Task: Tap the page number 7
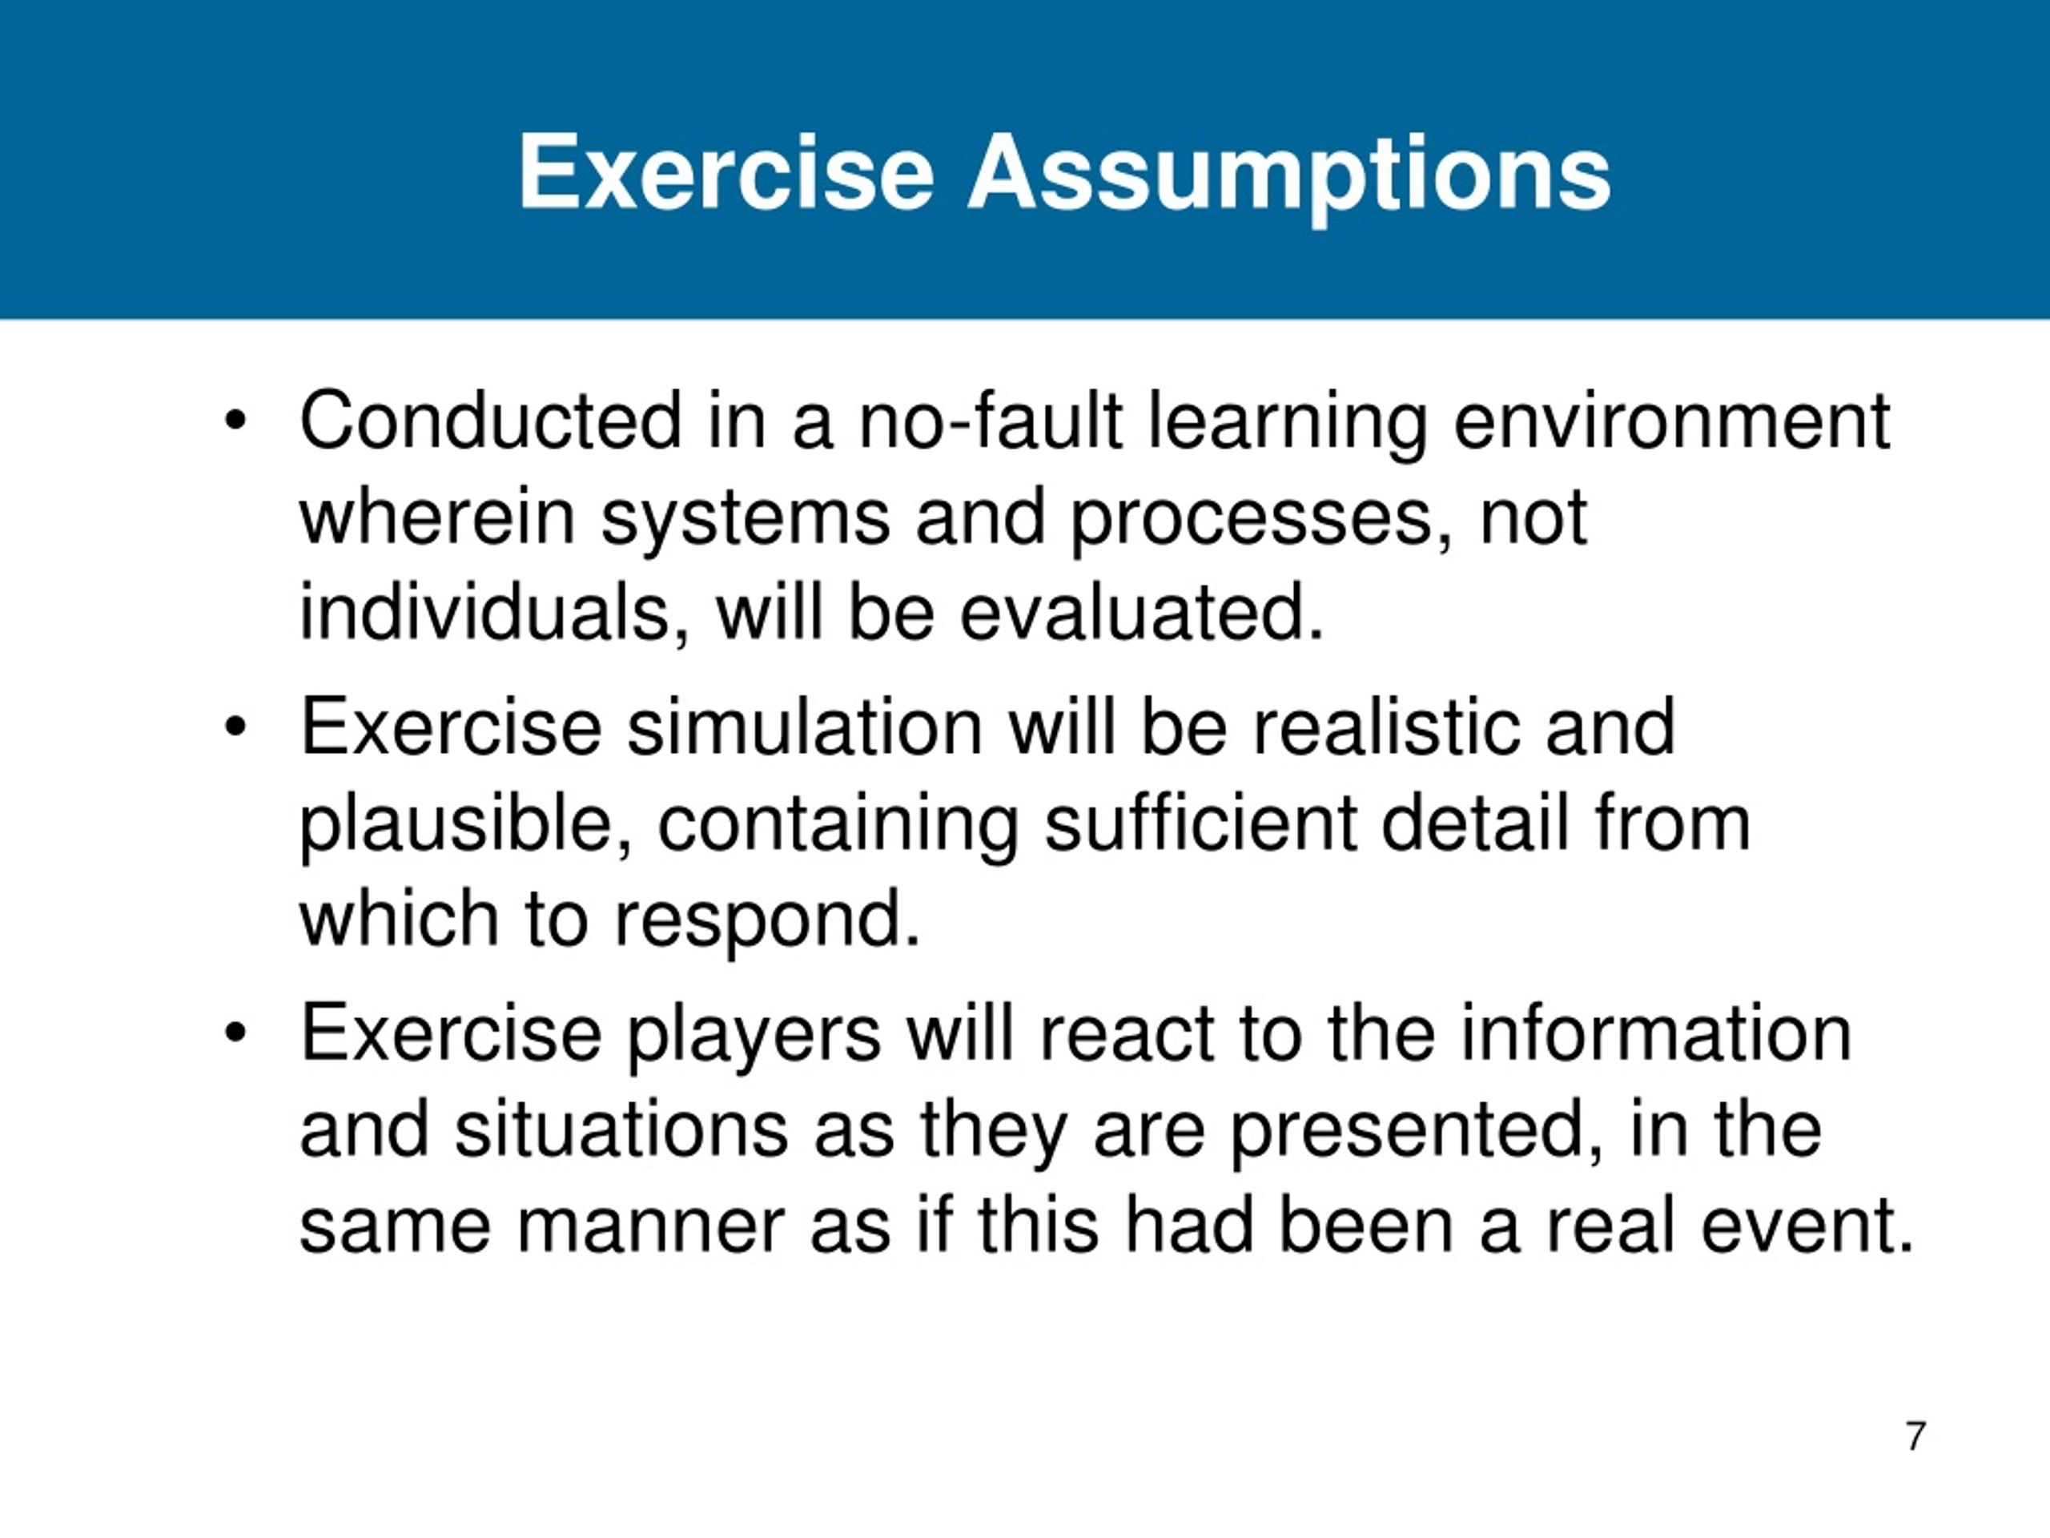1915,1436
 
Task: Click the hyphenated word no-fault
991,422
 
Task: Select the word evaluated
1141,614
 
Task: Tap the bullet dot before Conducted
235,422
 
